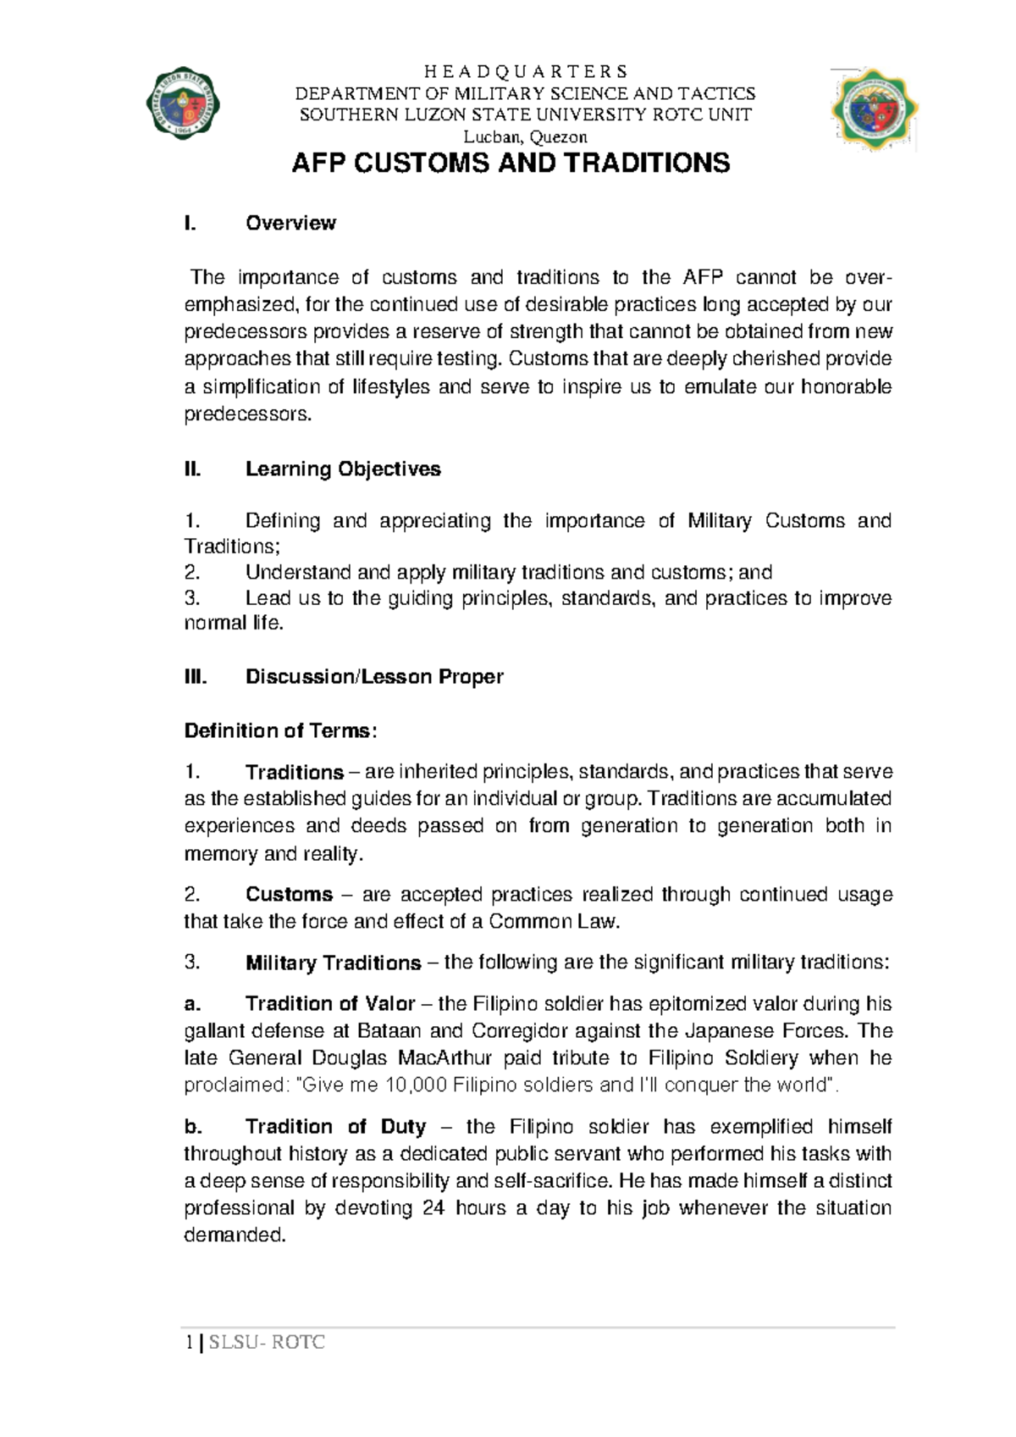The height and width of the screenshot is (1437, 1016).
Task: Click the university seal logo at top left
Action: [183, 104]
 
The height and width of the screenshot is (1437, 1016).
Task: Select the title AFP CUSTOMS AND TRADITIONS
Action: [510, 164]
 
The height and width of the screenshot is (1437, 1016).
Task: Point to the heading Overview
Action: [290, 223]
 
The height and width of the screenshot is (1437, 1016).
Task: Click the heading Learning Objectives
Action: [343, 469]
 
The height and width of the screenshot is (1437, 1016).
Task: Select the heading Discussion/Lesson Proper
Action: [374, 677]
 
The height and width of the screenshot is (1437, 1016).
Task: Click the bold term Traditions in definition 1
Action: [295, 773]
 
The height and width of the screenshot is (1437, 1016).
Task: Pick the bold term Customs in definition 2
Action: [289, 895]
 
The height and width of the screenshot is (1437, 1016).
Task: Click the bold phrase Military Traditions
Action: [333, 963]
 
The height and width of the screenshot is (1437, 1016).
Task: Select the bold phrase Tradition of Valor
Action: [330, 1004]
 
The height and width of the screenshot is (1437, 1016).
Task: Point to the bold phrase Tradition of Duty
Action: [335, 1127]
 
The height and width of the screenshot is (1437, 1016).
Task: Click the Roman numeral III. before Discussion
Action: [195, 677]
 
